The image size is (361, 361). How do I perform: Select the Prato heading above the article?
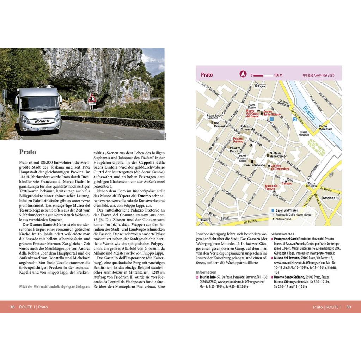tap(27, 152)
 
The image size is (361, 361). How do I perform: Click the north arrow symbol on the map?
tap(243, 74)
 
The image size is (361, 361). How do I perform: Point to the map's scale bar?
tap(263, 75)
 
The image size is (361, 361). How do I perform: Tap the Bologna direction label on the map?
tap(260, 86)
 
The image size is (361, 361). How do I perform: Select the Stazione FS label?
tap(331, 198)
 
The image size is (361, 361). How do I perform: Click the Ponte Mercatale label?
tap(325, 128)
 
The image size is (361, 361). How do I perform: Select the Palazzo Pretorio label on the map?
tap(238, 140)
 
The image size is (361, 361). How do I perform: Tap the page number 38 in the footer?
tap(12, 307)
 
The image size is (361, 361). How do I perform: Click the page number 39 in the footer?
tap(349, 307)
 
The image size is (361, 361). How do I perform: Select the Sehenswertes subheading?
tap(282, 234)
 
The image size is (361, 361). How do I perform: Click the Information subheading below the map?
tap(206, 272)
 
